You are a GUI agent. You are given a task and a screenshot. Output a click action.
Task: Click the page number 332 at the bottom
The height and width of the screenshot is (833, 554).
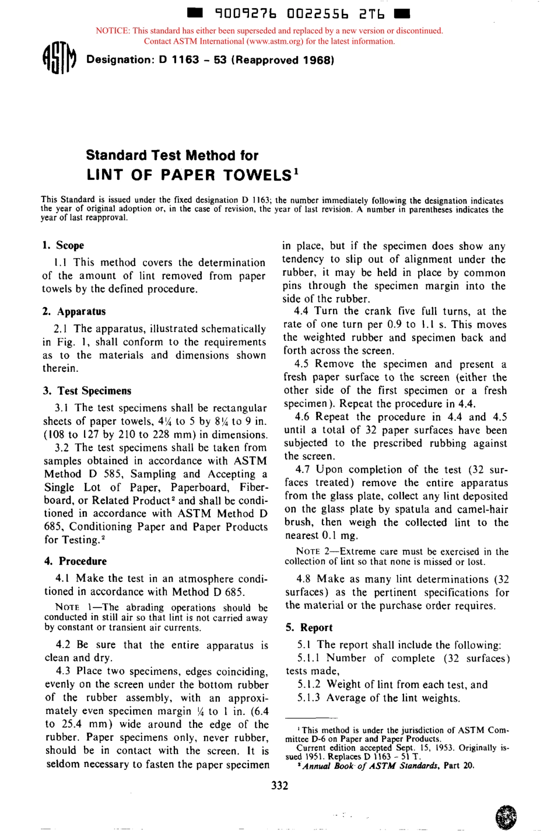point(279,785)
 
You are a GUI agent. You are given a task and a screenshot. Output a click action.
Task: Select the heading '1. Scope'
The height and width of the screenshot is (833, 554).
point(63,245)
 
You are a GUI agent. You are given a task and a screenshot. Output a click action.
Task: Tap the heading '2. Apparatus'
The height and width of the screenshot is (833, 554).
point(73,311)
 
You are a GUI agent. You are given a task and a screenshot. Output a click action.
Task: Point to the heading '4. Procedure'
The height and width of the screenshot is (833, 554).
point(75,561)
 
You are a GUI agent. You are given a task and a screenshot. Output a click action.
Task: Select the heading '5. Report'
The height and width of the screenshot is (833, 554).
point(309,628)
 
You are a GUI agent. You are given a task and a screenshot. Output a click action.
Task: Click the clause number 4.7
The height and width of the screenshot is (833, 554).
point(303,470)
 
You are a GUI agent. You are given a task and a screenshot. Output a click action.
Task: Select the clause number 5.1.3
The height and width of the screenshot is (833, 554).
point(308,698)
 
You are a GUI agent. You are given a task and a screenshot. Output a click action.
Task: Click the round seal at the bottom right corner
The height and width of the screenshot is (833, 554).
point(505,817)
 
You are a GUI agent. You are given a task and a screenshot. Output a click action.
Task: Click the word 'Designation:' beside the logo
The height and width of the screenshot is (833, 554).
point(120,60)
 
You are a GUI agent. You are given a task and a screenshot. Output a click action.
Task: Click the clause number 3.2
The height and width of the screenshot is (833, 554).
point(63,448)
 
